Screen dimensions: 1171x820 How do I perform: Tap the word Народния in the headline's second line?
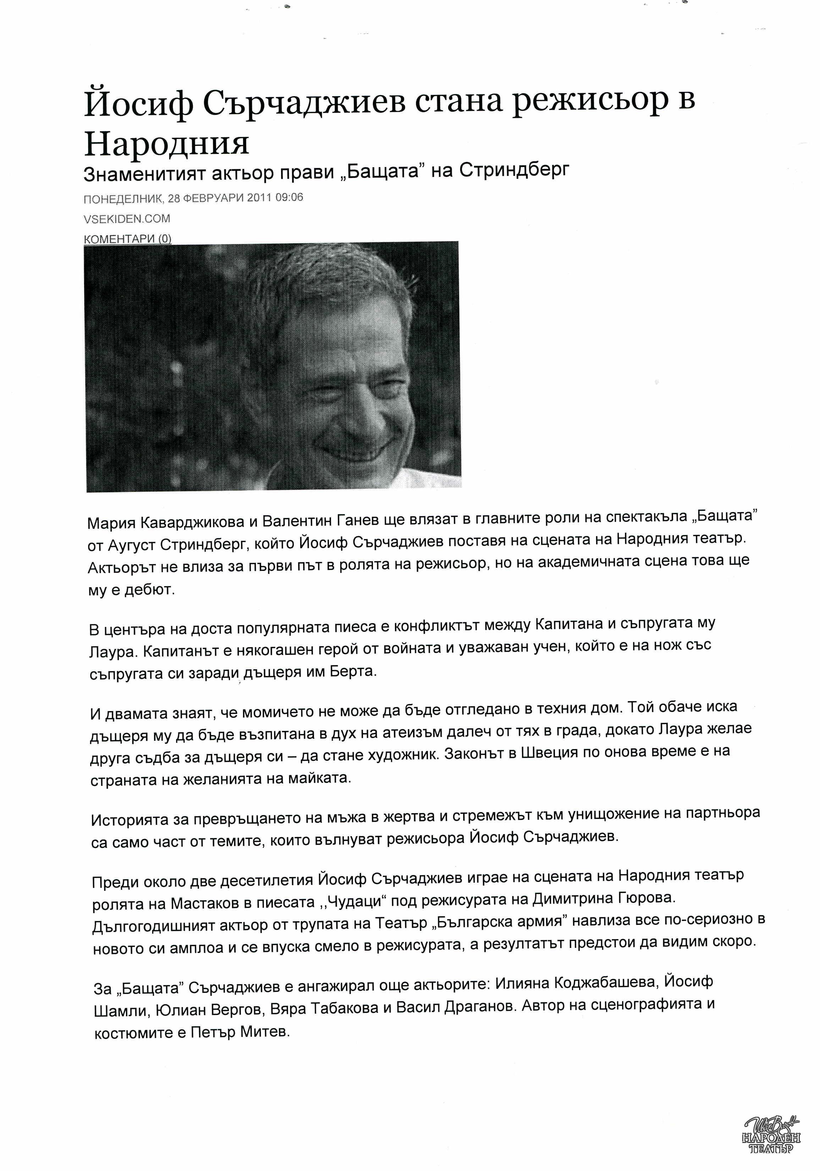pyautogui.click(x=166, y=145)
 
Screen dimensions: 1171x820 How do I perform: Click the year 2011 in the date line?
pyautogui.click(x=259, y=198)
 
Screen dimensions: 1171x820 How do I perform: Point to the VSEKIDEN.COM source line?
pyautogui.click(x=127, y=219)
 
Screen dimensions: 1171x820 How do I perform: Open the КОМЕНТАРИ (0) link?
pyautogui.click(x=127, y=239)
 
